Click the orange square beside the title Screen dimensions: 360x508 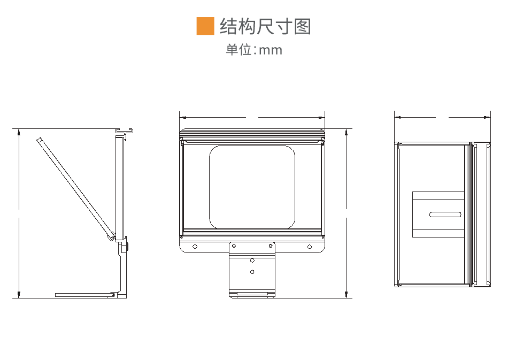tap(205, 26)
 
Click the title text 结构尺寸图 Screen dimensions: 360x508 tap(265, 26)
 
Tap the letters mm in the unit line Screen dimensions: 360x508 tap(270, 50)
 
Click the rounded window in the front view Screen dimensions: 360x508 tap(252, 187)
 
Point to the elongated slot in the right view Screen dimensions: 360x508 tap(445, 215)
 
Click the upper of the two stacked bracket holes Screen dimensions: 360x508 tap(252, 261)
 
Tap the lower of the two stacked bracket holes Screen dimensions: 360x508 tap(252, 272)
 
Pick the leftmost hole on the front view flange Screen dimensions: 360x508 tap(195, 246)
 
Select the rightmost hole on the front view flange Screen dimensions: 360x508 tap(309, 246)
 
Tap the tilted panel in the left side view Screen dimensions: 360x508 tap(75, 187)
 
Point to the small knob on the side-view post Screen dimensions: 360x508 tap(126, 247)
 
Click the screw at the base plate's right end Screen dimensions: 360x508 tap(113, 294)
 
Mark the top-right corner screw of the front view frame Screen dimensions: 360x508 tap(322, 142)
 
